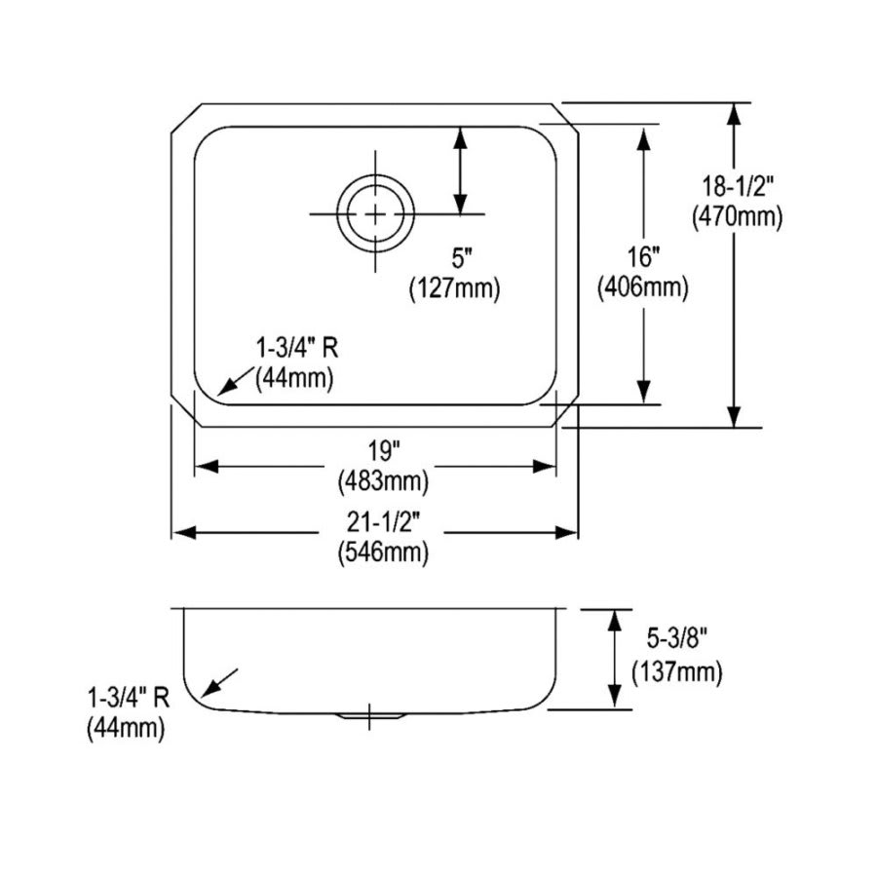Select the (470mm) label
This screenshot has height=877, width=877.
pyautogui.click(x=737, y=219)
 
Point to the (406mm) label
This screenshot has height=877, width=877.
pyautogui.click(x=643, y=287)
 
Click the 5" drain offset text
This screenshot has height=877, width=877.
pyautogui.click(x=461, y=259)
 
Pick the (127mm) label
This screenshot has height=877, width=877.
pyautogui.click(x=454, y=287)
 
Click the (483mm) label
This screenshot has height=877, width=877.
pyautogui.click(x=383, y=480)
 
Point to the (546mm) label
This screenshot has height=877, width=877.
pyautogui.click(x=383, y=553)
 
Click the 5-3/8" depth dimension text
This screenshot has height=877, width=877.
pyautogui.click(x=675, y=639)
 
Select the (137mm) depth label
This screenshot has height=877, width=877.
pyautogui.click(x=676, y=671)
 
